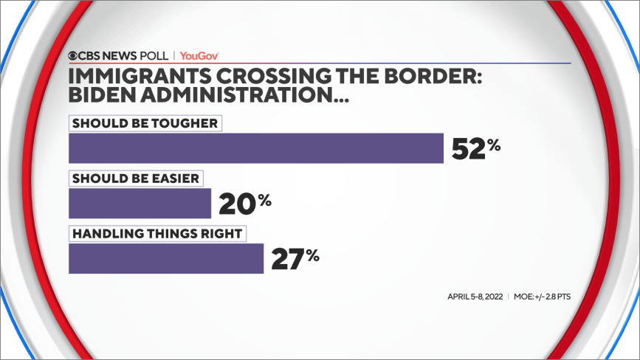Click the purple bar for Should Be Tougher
pyautogui.click(x=255, y=148)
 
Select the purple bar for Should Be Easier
pyautogui.click(x=140, y=203)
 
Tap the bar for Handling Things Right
pyautogui.click(x=166, y=258)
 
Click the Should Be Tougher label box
pyautogui.click(x=145, y=123)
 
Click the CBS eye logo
pyautogui.click(x=75, y=55)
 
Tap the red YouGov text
pyautogui.click(x=199, y=55)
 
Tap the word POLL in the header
pyautogui.click(x=153, y=55)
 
